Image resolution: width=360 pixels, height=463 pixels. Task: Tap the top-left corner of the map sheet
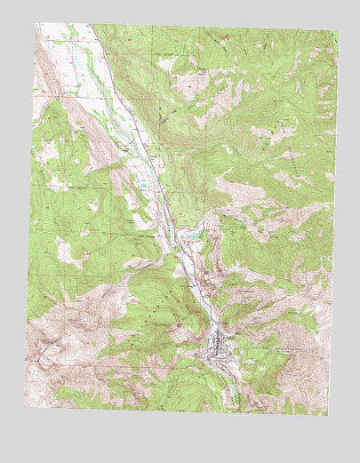(x=36, y=24)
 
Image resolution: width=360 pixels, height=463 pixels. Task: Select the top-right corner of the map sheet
(x=338, y=36)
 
